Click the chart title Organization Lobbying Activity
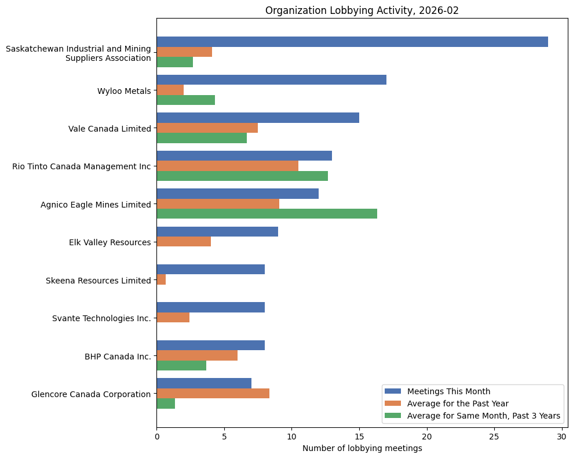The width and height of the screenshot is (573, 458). pyautogui.click(x=362, y=10)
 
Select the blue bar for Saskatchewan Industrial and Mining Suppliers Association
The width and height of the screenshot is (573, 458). pyautogui.click(x=352, y=42)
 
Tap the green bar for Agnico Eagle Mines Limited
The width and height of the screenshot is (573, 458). pyautogui.click(x=267, y=213)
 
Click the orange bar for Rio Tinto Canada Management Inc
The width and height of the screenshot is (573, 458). pyautogui.click(x=227, y=166)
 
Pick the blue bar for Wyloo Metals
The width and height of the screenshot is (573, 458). pyautogui.click(x=271, y=80)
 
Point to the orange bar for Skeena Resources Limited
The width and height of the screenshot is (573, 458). pyautogui.click(x=161, y=279)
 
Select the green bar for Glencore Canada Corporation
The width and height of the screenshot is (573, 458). pyautogui.click(x=166, y=404)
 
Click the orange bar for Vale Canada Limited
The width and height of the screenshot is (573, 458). pyautogui.click(x=207, y=128)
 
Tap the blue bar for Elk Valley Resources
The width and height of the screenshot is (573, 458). pyautogui.click(x=217, y=232)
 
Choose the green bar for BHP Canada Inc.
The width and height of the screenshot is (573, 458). pyautogui.click(x=181, y=365)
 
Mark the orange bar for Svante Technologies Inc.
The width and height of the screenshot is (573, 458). pyautogui.click(x=173, y=318)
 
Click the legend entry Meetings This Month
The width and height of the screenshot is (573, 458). pyautogui.click(x=448, y=391)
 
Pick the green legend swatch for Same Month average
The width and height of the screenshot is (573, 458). pyautogui.click(x=393, y=416)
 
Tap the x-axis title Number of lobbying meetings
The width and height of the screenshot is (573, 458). pyautogui.click(x=362, y=448)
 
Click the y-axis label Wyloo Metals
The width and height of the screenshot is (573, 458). pyautogui.click(x=124, y=90)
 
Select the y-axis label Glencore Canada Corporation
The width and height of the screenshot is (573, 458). pyautogui.click(x=91, y=394)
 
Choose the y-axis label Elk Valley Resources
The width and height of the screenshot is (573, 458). pyautogui.click(x=110, y=242)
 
